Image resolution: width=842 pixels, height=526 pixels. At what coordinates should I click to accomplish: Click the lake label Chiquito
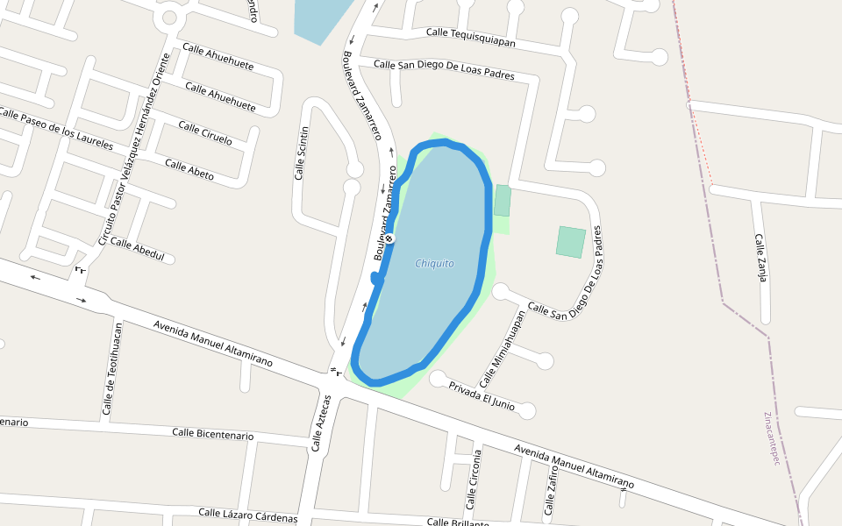click(435, 263)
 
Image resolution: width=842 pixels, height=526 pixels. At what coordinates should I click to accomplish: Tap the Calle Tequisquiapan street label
click(470, 37)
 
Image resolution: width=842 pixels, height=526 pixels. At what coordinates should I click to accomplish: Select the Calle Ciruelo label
click(205, 132)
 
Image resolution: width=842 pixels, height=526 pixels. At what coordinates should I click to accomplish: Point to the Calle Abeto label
click(189, 169)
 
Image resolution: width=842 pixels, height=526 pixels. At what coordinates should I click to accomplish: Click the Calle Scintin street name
click(302, 153)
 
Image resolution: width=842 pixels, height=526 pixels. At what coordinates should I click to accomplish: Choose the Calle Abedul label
click(138, 250)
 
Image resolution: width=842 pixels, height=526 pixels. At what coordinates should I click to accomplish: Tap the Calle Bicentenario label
click(212, 434)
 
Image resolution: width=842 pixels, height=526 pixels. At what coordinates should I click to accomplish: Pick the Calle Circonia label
click(474, 480)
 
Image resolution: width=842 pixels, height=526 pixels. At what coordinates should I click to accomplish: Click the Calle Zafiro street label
click(551, 490)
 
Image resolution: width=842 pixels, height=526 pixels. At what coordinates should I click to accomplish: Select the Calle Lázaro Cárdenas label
click(247, 515)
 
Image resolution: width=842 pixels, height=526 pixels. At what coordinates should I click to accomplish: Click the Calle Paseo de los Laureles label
click(56, 129)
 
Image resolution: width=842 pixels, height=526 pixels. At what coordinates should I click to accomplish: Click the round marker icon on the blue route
click(389, 238)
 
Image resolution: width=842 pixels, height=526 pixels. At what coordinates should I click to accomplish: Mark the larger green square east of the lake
click(570, 242)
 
